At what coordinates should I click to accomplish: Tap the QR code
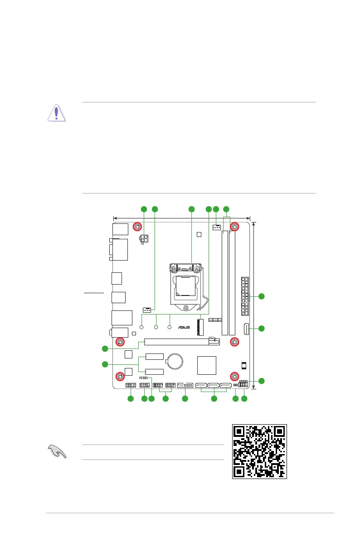(x=260, y=451)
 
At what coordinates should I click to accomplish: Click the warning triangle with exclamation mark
(x=57, y=113)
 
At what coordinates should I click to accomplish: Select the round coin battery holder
(x=175, y=361)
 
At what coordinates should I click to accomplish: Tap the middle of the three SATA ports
(x=214, y=387)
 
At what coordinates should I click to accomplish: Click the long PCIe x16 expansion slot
(x=181, y=342)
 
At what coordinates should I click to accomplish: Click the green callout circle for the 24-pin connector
(x=262, y=296)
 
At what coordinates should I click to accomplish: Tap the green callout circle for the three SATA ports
(x=214, y=398)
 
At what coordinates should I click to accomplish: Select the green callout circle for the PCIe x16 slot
(x=105, y=348)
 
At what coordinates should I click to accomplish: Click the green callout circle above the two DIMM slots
(x=226, y=209)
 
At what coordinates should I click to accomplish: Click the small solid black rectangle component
(x=243, y=365)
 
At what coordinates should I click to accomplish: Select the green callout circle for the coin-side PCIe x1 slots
(x=105, y=364)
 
